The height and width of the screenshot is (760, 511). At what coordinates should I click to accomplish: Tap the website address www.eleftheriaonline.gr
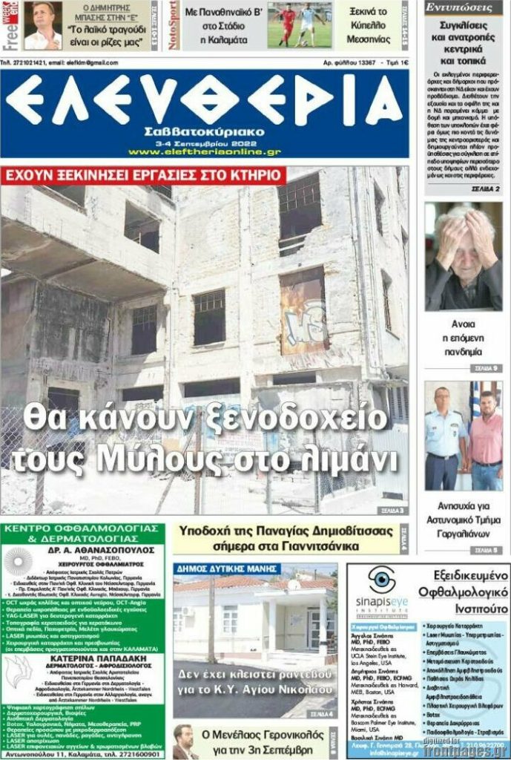click(204, 151)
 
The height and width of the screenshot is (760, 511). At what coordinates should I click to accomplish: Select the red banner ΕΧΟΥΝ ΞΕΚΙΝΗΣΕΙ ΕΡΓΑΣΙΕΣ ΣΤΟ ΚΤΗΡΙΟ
click(143, 175)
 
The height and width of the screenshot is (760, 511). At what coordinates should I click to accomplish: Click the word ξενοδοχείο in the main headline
click(281, 417)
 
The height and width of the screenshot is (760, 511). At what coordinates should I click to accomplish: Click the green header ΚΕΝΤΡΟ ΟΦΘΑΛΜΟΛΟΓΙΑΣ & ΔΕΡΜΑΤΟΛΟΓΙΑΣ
click(83, 534)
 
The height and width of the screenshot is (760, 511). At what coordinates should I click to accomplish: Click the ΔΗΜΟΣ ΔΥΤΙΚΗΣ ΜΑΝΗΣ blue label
click(227, 569)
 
